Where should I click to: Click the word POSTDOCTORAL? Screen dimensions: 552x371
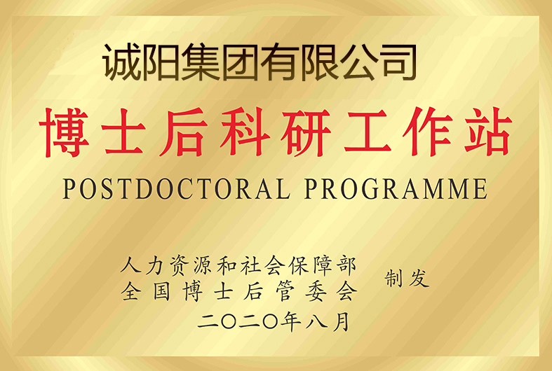[x=177, y=189]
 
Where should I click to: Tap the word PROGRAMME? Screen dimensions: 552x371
[x=396, y=189]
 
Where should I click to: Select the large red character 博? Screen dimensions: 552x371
[x=64, y=132]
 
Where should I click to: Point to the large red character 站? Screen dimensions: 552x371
[x=487, y=132]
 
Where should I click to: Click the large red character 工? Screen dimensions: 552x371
[x=368, y=132]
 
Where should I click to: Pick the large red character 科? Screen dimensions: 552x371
[x=245, y=132]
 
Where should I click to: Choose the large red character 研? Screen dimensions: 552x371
[x=306, y=132]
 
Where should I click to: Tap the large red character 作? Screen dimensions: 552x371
[x=427, y=132]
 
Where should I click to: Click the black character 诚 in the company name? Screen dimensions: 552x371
[x=121, y=62]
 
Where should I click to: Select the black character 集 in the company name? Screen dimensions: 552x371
[x=201, y=62]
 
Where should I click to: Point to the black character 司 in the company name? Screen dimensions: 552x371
[x=400, y=62]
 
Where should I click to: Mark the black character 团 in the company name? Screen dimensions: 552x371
[x=241, y=62]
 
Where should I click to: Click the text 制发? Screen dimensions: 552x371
[x=407, y=279]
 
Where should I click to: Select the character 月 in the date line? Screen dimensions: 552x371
[x=342, y=321]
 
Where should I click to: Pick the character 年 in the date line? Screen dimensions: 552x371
[x=290, y=321]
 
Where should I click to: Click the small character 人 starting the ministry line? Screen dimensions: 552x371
[x=130, y=265]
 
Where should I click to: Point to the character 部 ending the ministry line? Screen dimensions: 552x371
[x=346, y=266]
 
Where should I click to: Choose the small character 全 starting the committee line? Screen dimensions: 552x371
[x=131, y=291]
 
